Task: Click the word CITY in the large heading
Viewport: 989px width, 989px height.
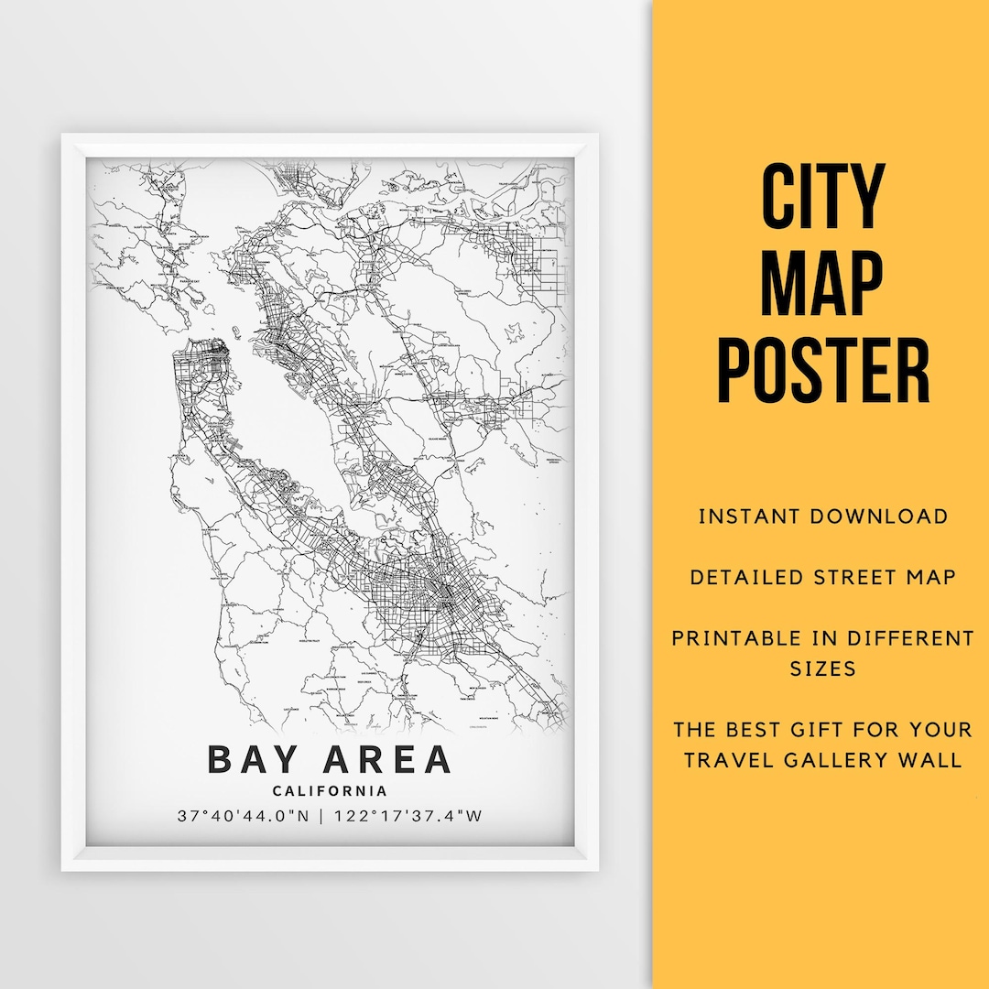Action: [822, 197]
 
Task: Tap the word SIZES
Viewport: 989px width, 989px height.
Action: [822, 668]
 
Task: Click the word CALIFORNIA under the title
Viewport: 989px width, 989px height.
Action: [329, 791]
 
